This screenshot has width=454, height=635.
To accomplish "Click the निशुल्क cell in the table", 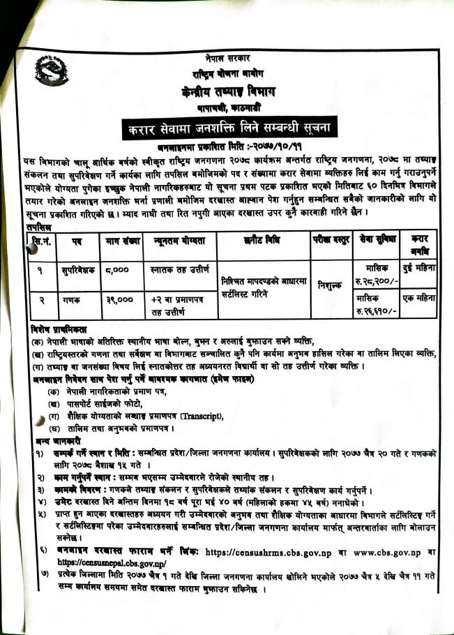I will pyautogui.click(x=328, y=284).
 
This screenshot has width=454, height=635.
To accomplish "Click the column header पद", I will pyautogui.click(x=75, y=244).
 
